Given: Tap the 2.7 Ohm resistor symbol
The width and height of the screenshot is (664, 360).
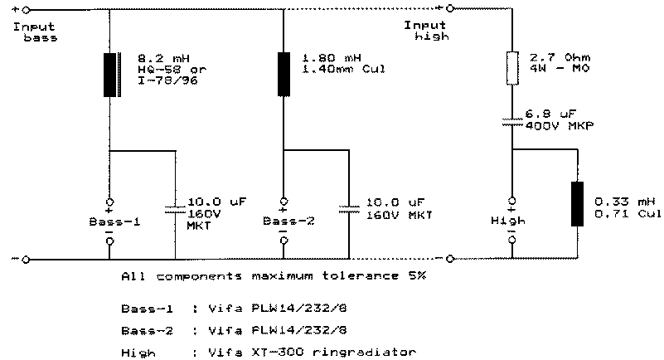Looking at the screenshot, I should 512,68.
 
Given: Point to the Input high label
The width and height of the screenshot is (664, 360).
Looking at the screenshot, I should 419,31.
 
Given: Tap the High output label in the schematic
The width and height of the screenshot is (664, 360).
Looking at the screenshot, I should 511,221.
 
